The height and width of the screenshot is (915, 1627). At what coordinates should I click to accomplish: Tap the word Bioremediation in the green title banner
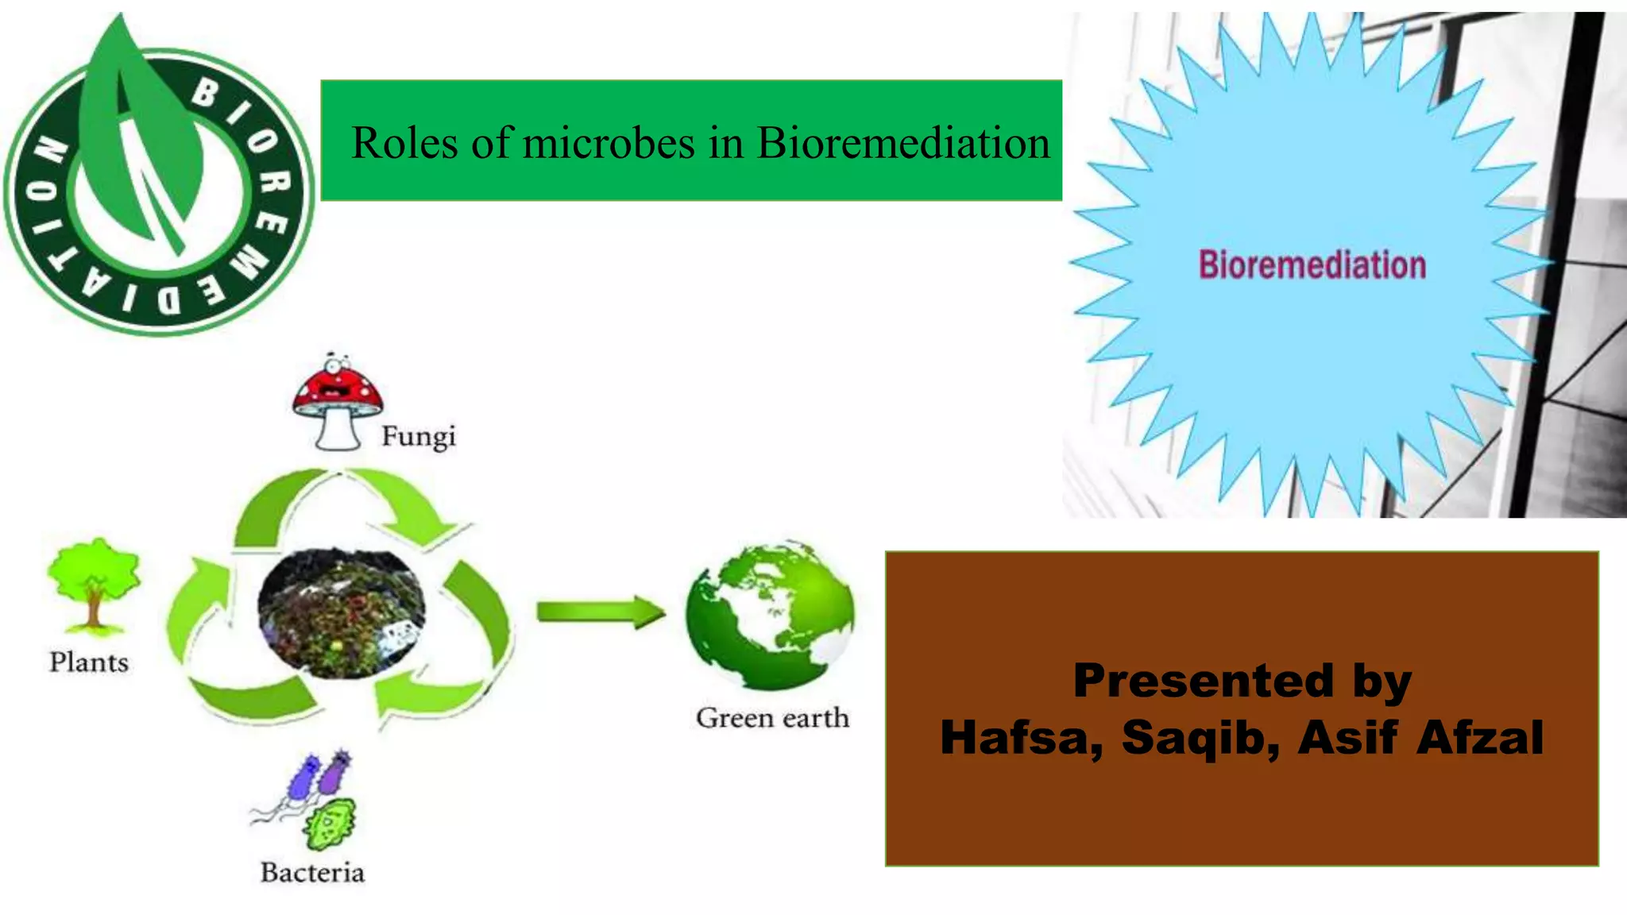[x=903, y=144]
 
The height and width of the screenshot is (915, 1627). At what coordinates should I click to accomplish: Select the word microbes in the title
[x=609, y=144]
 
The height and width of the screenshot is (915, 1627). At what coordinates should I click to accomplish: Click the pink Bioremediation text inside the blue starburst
[x=1312, y=265]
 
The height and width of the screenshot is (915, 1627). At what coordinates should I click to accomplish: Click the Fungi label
[x=419, y=437]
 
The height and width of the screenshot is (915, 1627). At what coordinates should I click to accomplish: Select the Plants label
[x=89, y=662]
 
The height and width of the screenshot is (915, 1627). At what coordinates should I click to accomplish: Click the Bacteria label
[x=312, y=873]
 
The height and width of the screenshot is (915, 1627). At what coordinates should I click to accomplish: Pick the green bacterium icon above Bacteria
[x=330, y=824]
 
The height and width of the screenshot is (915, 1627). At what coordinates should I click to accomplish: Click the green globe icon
[x=770, y=615]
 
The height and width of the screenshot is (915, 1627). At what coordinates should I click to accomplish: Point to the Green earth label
[x=772, y=718]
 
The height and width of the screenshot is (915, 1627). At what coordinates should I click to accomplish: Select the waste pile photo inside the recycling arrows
[x=342, y=612]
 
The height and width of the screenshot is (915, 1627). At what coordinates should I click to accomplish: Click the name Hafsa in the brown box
[x=1020, y=737]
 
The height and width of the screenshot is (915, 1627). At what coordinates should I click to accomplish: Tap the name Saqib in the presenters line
[x=1200, y=737]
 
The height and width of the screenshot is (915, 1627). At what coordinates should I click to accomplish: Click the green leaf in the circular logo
[x=143, y=135]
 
